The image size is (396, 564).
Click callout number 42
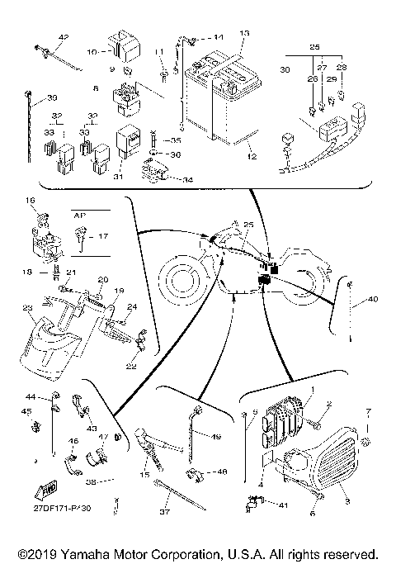pos(64,38)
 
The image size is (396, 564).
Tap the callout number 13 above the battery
pos(243,33)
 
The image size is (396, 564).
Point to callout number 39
pos(30,97)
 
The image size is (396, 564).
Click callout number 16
pos(31,201)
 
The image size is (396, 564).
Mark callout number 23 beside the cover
pos(28,309)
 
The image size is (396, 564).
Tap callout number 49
pos(217,438)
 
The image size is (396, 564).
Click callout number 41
pos(283,504)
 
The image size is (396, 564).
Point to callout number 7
pos(369,411)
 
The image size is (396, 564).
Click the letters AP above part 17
pos(80,213)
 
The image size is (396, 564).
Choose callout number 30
pos(286,71)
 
